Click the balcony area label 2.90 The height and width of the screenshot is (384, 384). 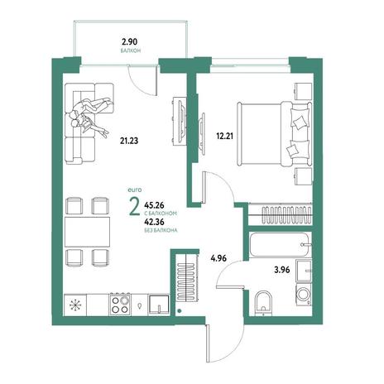pos(129,42)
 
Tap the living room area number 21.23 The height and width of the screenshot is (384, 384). pos(129,141)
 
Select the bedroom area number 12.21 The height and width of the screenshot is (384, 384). pos(225,136)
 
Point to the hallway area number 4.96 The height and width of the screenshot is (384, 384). pos(218,258)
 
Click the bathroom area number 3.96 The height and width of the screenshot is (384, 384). pos(282,270)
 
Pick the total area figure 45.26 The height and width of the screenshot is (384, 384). pos(154,205)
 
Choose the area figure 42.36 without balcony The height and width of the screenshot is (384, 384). pos(154,222)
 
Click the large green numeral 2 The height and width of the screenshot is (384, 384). pos(134,208)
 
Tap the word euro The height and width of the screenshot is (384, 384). pos(135,190)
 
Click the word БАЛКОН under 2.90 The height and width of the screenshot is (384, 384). pos(131,50)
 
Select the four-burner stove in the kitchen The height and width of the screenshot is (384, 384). pos(121,304)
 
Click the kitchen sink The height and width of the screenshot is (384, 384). pos(159,305)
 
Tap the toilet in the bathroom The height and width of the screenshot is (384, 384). pos(263,303)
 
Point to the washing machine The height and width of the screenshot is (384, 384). pos(304,295)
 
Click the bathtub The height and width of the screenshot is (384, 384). pos(281,245)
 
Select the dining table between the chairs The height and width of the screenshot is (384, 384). pos(87,232)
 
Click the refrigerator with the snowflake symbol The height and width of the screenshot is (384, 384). pos(75,305)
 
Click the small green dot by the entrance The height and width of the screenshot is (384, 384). pos(180,311)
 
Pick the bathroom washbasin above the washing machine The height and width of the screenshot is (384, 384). pos(304,271)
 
